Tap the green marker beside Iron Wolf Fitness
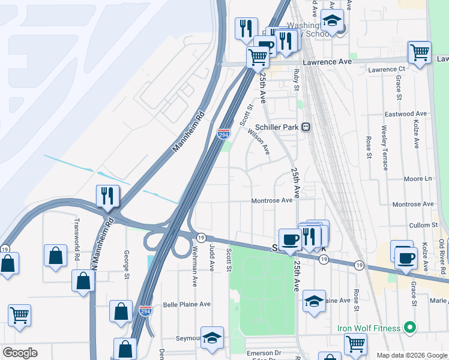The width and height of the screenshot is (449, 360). [x=410, y=328]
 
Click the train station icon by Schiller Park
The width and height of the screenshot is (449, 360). [x=306, y=127]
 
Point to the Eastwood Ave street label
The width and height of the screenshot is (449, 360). [x=405, y=113]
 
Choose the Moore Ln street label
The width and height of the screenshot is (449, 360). [x=418, y=179]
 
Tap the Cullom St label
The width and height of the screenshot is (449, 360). [x=424, y=225]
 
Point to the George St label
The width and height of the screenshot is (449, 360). [x=127, y=265]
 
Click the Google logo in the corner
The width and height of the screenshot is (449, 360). [x=20, y=353]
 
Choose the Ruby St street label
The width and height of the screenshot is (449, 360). [x=297, y=80]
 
